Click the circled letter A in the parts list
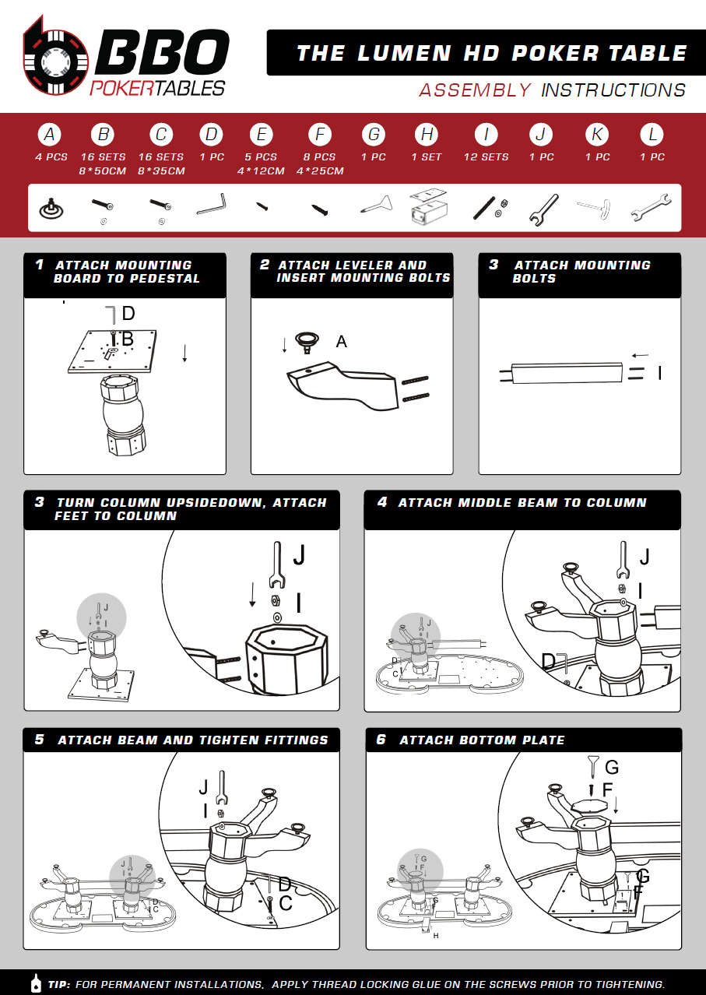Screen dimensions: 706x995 50,134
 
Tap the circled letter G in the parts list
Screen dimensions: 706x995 374,134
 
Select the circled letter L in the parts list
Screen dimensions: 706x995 652,134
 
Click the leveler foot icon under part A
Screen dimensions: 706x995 51,209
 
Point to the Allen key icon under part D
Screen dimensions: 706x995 212,204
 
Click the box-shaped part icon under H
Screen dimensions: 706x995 429,206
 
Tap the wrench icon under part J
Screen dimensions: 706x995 543,209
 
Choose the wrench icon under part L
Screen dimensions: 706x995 651,207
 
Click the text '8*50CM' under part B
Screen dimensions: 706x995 103,171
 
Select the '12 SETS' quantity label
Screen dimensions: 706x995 486,156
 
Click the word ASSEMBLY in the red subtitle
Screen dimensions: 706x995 475,90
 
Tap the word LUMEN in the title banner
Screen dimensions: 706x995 405,53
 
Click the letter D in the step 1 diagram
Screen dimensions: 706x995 128,313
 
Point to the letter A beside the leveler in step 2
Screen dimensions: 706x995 341,342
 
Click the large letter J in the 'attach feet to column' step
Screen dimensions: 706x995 299,555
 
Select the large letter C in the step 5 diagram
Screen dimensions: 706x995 286,903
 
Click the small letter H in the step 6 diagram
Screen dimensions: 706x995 436,936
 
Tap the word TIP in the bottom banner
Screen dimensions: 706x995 59,984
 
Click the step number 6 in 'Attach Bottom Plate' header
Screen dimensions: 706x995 381,739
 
